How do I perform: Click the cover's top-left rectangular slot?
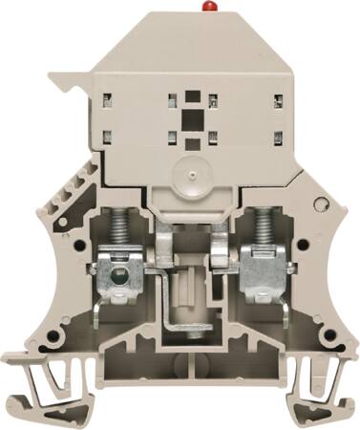[106, 97]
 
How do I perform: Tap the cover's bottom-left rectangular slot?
[106, 135]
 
